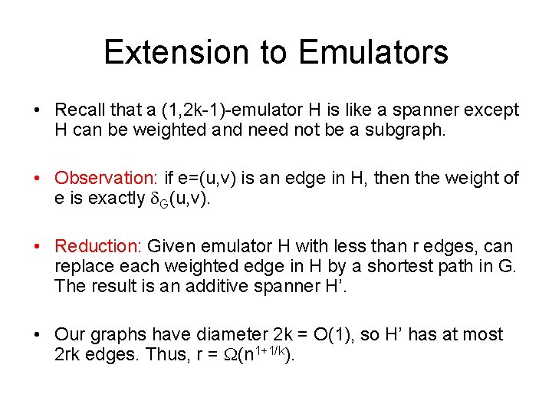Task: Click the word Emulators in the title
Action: pyautogui.click(x=373, y=52)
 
